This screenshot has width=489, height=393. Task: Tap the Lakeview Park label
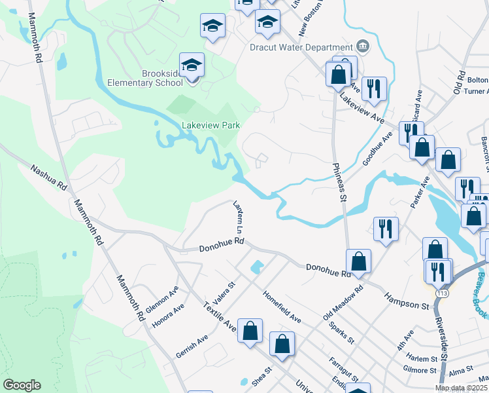click(x=211, y=125)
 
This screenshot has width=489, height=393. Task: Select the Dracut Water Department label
click(x=301, y=47)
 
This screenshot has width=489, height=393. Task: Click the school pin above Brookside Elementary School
click(x=192, y=66)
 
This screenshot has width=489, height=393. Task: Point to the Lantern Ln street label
click(x=238, y=217)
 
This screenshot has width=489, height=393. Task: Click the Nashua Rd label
click(x=49, y=177)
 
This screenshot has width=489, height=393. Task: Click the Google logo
click(x=22, y=385)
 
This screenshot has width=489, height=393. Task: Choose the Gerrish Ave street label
click(x=192, y=346)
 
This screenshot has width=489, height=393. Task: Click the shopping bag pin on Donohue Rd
click(x=358, y=261)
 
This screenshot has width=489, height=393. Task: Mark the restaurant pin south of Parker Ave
click(x=386, y=229)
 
